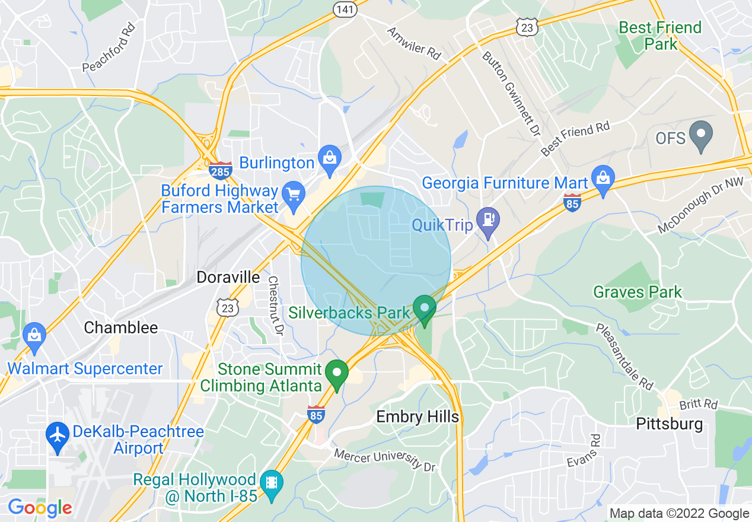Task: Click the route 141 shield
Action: [345, 8]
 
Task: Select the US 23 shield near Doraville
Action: [228, 307]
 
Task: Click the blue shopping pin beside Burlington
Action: [329, 158]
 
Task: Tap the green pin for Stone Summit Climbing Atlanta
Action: [338, 373]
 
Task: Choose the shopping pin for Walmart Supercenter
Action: [34, 335]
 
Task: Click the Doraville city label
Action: [228, 277]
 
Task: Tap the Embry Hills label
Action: [418, 417]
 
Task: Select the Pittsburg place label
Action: [669, 424]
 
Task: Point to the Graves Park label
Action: [638, 292]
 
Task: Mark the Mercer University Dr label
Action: [385, 460]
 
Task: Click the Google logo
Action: [40, 508]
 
